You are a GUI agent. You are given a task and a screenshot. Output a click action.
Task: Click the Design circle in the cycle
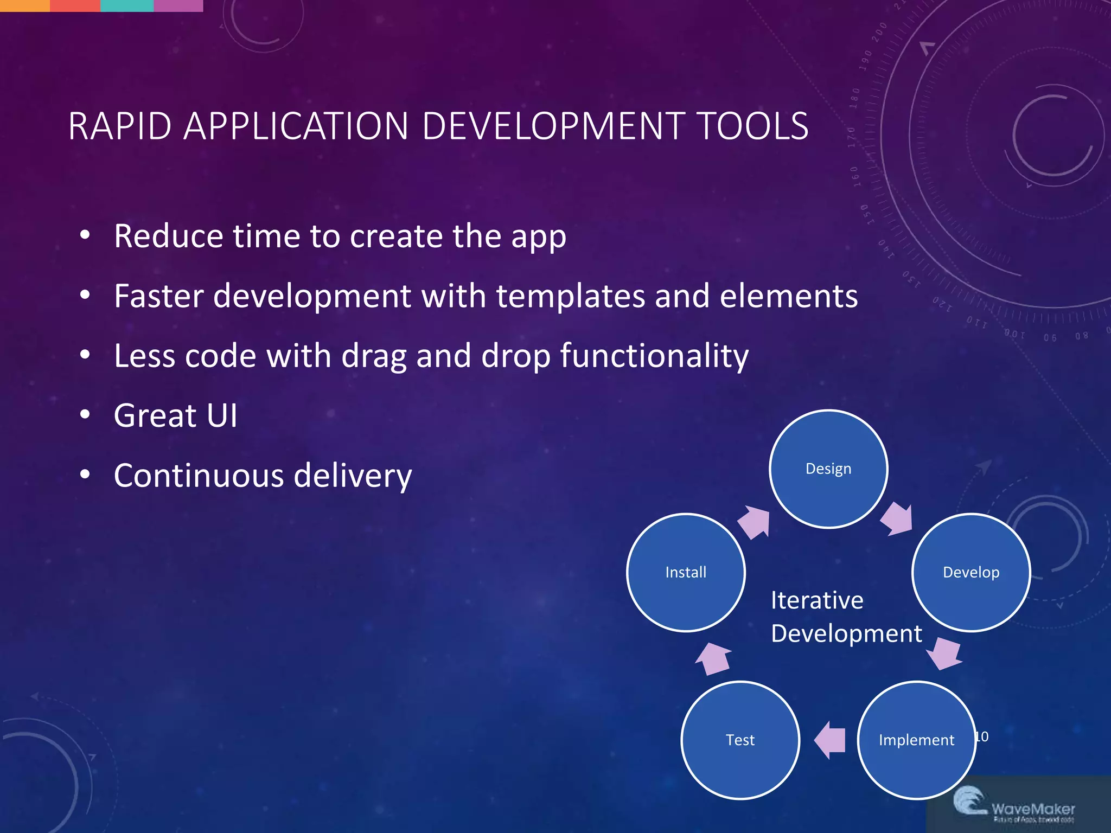pyautogui.click(x=828, y=469)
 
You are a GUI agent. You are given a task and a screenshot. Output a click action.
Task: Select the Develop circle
pyautogui.click(x=971, y=572)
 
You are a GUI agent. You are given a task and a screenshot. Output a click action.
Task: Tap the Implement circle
pyautogui.click(x=916, y=740)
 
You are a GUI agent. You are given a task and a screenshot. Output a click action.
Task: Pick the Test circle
pyautogui.click(x=740, y=740)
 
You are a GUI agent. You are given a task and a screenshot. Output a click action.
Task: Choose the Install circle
pyautogui.click(x=686, y=572)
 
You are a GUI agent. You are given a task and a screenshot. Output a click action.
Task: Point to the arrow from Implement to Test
pyautogui.click(x=831, y=740)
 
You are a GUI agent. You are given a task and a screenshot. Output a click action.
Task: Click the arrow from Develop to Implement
pyautogui.click(x=944, y=653)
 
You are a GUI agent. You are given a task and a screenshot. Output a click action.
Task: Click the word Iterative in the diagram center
pyautogui.click(x=817, y=600)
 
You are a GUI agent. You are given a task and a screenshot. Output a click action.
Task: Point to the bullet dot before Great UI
pyautogui.click(x=85, y=415)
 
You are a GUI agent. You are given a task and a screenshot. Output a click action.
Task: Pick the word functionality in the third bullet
pyautogui.click(x=654, y=356)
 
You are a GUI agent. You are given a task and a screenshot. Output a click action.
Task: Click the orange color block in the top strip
pyautogui.click(x=24, y=5)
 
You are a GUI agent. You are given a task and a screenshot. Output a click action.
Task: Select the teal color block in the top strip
pyautogui.click(x=127, y=5)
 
